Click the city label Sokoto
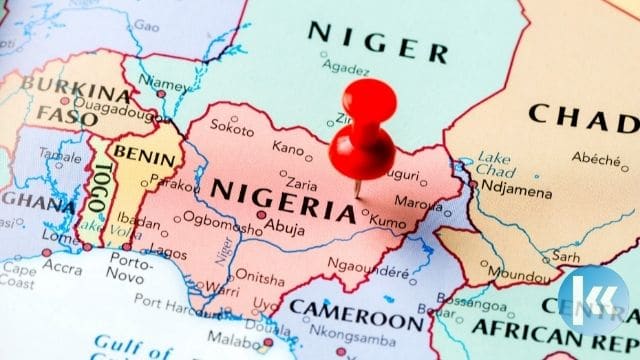[233, 128]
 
